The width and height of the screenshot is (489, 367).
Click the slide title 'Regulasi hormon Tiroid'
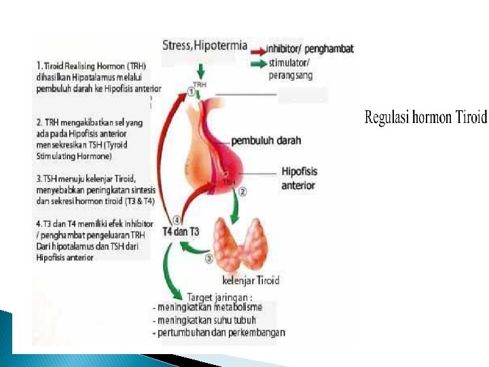tap(426, 118)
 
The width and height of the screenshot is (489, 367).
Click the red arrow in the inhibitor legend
tap(259, 50)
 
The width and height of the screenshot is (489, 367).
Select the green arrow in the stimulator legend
tap(259, 64)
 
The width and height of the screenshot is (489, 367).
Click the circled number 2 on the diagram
tap(242, 192)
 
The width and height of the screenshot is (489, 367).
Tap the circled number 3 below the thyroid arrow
tap(210, 258)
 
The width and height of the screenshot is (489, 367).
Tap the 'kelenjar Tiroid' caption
tap(251, 280)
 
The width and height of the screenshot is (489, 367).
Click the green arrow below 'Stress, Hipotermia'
tap(200, 70)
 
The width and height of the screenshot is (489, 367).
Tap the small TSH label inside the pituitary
tap(229, 181)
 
